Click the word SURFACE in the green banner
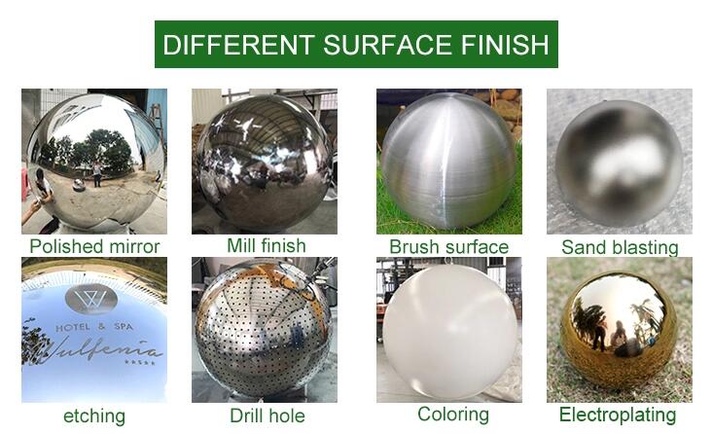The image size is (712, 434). click(387, 45)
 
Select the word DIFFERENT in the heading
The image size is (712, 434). click(239, 45)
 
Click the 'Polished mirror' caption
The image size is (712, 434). click(94, 246)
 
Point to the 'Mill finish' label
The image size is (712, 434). click(267, 245)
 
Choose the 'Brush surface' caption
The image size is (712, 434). click(449, 247)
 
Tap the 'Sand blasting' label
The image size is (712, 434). click(620, 248)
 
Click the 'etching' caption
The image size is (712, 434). click(94, 416)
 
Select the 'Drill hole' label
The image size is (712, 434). click(267, 416)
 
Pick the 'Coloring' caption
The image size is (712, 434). click(453, 415)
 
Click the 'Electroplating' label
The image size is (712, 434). click(618, 415)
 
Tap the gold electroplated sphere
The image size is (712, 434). click(619, 331)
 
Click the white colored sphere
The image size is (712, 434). click(449, 331)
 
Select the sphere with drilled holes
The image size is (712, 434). click(264, 329)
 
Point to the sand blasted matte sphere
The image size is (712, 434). click(620, 163)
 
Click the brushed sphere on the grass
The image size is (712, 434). click(448, 161)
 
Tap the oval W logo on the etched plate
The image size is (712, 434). click(91, 299)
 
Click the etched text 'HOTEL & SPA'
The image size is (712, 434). click(94, 327)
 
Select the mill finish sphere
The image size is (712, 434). click(265, 163)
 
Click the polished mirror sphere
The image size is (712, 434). click(96, 161)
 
